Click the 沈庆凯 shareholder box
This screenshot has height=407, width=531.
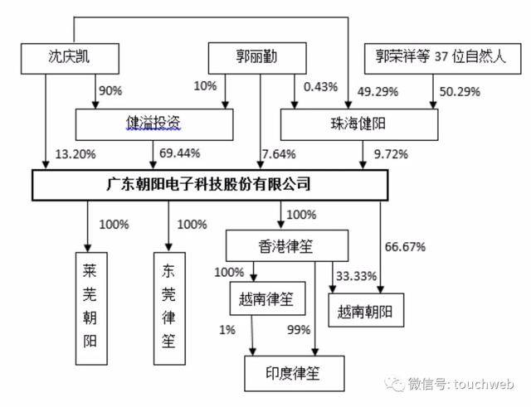pos(70,59)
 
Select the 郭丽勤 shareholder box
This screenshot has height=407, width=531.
pos(257,58)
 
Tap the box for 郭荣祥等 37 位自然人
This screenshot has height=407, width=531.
pos(442,59)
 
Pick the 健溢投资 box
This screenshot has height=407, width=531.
pos(154,124)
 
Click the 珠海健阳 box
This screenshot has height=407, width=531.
pos(359,124)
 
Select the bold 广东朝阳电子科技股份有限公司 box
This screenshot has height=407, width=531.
pos(210,185)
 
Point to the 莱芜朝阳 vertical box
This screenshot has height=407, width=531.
pos(91,308)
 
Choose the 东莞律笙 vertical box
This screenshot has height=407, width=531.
pos(169,308)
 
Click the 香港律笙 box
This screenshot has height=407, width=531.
pos(287,245)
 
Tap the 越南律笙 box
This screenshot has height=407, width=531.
pos(267,298)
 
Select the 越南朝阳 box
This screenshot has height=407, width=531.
pos(366,310)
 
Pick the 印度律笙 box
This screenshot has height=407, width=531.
pos(295,374)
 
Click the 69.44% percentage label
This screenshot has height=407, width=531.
pos(180,153)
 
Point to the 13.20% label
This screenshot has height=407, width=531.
pos(76,154)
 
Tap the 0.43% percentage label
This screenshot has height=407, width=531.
pos(321,87)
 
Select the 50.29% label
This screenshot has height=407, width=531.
pos(460,92)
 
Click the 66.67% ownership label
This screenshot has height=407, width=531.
pos(405,247)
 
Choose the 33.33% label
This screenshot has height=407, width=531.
pos(356,276)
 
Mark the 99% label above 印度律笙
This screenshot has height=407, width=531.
pos(299,330)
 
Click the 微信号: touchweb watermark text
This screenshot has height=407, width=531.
pos(461,385)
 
